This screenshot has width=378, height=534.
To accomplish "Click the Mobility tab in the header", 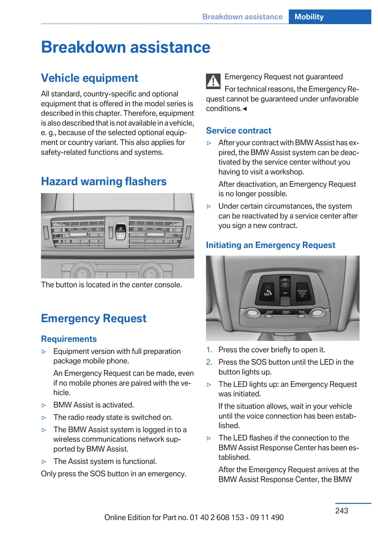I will (x=309, y=17).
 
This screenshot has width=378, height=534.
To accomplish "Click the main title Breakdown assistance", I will (x=126, y=47).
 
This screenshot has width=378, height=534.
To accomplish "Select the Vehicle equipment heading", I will (x=90, y=78).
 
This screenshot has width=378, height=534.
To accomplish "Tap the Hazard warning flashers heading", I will (x=104, y=181).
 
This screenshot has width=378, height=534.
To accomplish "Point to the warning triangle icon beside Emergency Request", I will (x=213, y=81).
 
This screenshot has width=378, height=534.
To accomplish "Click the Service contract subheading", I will (x=239, y=131).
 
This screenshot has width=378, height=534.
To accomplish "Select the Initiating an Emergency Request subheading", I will (x=270, y=245).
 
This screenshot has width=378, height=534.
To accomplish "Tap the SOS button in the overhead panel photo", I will (x=267, y=293).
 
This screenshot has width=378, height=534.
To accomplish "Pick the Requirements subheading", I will (x=69, y=339).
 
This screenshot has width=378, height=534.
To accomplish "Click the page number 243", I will (x=342, y=511).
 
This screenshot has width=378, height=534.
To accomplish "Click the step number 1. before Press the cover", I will (x=209, y=350).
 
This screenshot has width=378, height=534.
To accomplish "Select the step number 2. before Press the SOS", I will (x=209, y=362).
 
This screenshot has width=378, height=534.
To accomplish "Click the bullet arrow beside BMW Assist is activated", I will (x=44, y=405).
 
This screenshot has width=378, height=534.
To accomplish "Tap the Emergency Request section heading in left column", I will (x=94, y=318).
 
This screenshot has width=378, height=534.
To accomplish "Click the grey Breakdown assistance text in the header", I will (x=242, y=17).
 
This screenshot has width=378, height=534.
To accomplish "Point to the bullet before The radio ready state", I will (x=44, y=418).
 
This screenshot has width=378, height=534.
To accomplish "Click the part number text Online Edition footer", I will (x=194, y=518).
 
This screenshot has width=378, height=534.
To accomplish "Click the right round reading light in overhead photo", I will (x=316, y=313).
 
